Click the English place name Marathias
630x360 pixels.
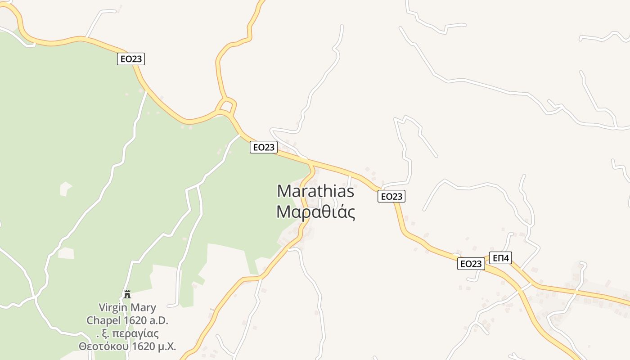click(315, 191)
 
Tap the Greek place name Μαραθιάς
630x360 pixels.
click(315, 212)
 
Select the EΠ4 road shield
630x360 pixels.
click(500, 258)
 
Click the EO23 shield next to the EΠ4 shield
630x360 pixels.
click(471, 264)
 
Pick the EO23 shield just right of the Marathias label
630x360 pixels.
click(391, 196)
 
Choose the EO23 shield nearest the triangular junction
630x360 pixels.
click(263, 147)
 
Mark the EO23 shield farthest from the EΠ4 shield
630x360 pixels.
click(131, 59)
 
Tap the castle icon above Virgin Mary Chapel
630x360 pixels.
click(127, 294)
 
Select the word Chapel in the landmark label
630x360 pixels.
click(103, 321)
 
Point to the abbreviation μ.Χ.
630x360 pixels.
click(166, 346)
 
